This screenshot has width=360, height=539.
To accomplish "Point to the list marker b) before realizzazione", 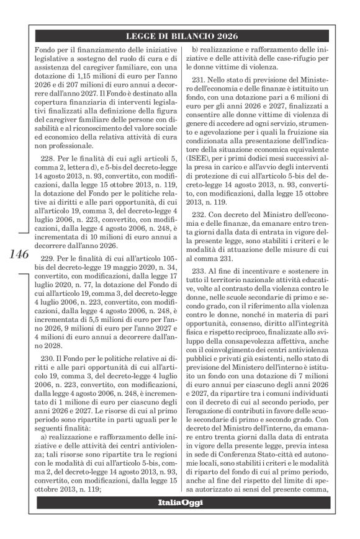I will (196, 49).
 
